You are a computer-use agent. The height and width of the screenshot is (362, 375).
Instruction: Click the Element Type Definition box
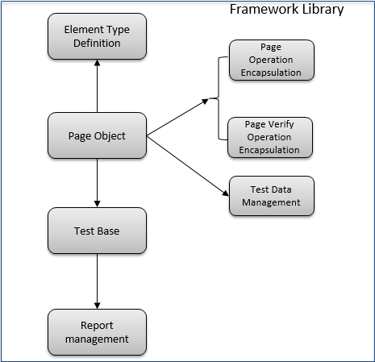tap(97, 36)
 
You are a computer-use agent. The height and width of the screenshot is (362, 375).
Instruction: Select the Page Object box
tap(97, 135)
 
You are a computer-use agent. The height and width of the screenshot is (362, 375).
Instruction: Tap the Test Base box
tap(97, 231)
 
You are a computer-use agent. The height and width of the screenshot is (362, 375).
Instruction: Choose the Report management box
tap(97, 332)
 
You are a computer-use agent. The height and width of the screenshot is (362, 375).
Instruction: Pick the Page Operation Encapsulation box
tap(272, 60)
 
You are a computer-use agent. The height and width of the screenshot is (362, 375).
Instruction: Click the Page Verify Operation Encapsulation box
tap(270, 137)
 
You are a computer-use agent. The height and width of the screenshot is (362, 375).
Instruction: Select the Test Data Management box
tap(272, 196)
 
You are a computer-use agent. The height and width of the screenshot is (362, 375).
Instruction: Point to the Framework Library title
tap(286, 10)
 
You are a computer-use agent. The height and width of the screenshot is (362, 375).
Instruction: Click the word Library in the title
tap(323, 10)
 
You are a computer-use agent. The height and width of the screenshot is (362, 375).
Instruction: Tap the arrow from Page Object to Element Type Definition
tap(97, 86)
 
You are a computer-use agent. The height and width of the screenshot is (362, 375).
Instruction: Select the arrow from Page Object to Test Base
tap(97, 183)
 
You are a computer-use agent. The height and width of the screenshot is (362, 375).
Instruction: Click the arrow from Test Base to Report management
tap(97, 281)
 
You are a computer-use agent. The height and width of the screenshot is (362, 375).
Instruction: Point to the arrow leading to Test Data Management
tap(188, 166)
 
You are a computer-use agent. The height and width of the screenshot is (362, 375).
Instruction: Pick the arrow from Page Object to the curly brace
tap(177, 117)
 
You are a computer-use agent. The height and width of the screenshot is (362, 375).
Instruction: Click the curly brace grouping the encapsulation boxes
tap(219, 98)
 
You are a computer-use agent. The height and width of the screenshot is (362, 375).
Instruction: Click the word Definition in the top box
tap(97, 43)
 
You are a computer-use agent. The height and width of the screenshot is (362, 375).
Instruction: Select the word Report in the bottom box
tap(97, 326)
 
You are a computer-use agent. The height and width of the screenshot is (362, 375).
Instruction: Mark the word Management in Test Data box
tap(271, 202)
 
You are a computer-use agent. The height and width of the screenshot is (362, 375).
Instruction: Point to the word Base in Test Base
tap(107, 231)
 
